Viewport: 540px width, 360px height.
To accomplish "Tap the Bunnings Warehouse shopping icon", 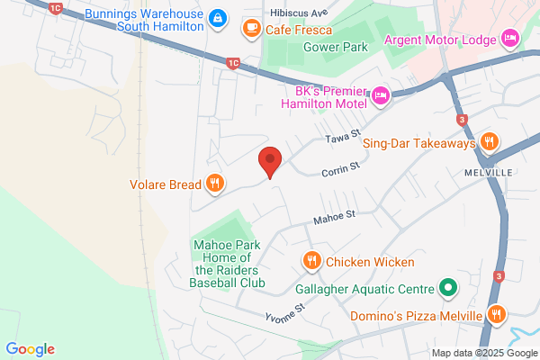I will coord(218,18).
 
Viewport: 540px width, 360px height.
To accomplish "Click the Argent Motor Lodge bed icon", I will coord(509,38).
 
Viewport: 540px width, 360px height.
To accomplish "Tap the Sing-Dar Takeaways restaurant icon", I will coord(489,141).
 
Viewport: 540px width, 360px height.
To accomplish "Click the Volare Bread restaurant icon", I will coord(214,184).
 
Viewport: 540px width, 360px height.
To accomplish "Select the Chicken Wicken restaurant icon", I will coord(311,261).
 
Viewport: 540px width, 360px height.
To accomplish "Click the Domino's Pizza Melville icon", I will coord(496,314).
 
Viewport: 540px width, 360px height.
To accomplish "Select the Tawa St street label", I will coord(341,138).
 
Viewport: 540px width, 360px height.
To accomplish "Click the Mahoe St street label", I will coord(335,216).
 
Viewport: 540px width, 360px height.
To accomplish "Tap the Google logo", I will coord(30,349).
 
